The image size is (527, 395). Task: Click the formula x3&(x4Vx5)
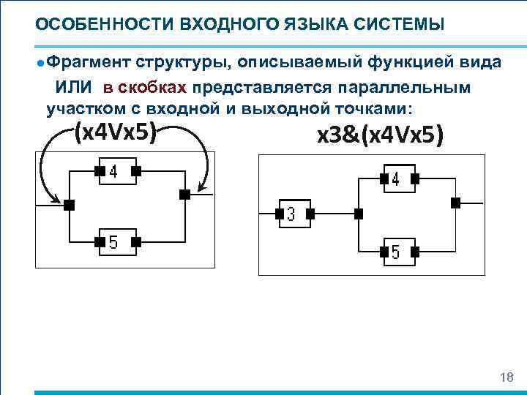378,135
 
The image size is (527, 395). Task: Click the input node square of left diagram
69,206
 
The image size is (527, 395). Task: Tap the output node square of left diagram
184,195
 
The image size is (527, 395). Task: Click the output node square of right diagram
456,203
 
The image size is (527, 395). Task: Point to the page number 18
505,377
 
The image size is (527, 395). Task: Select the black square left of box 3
278,214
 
